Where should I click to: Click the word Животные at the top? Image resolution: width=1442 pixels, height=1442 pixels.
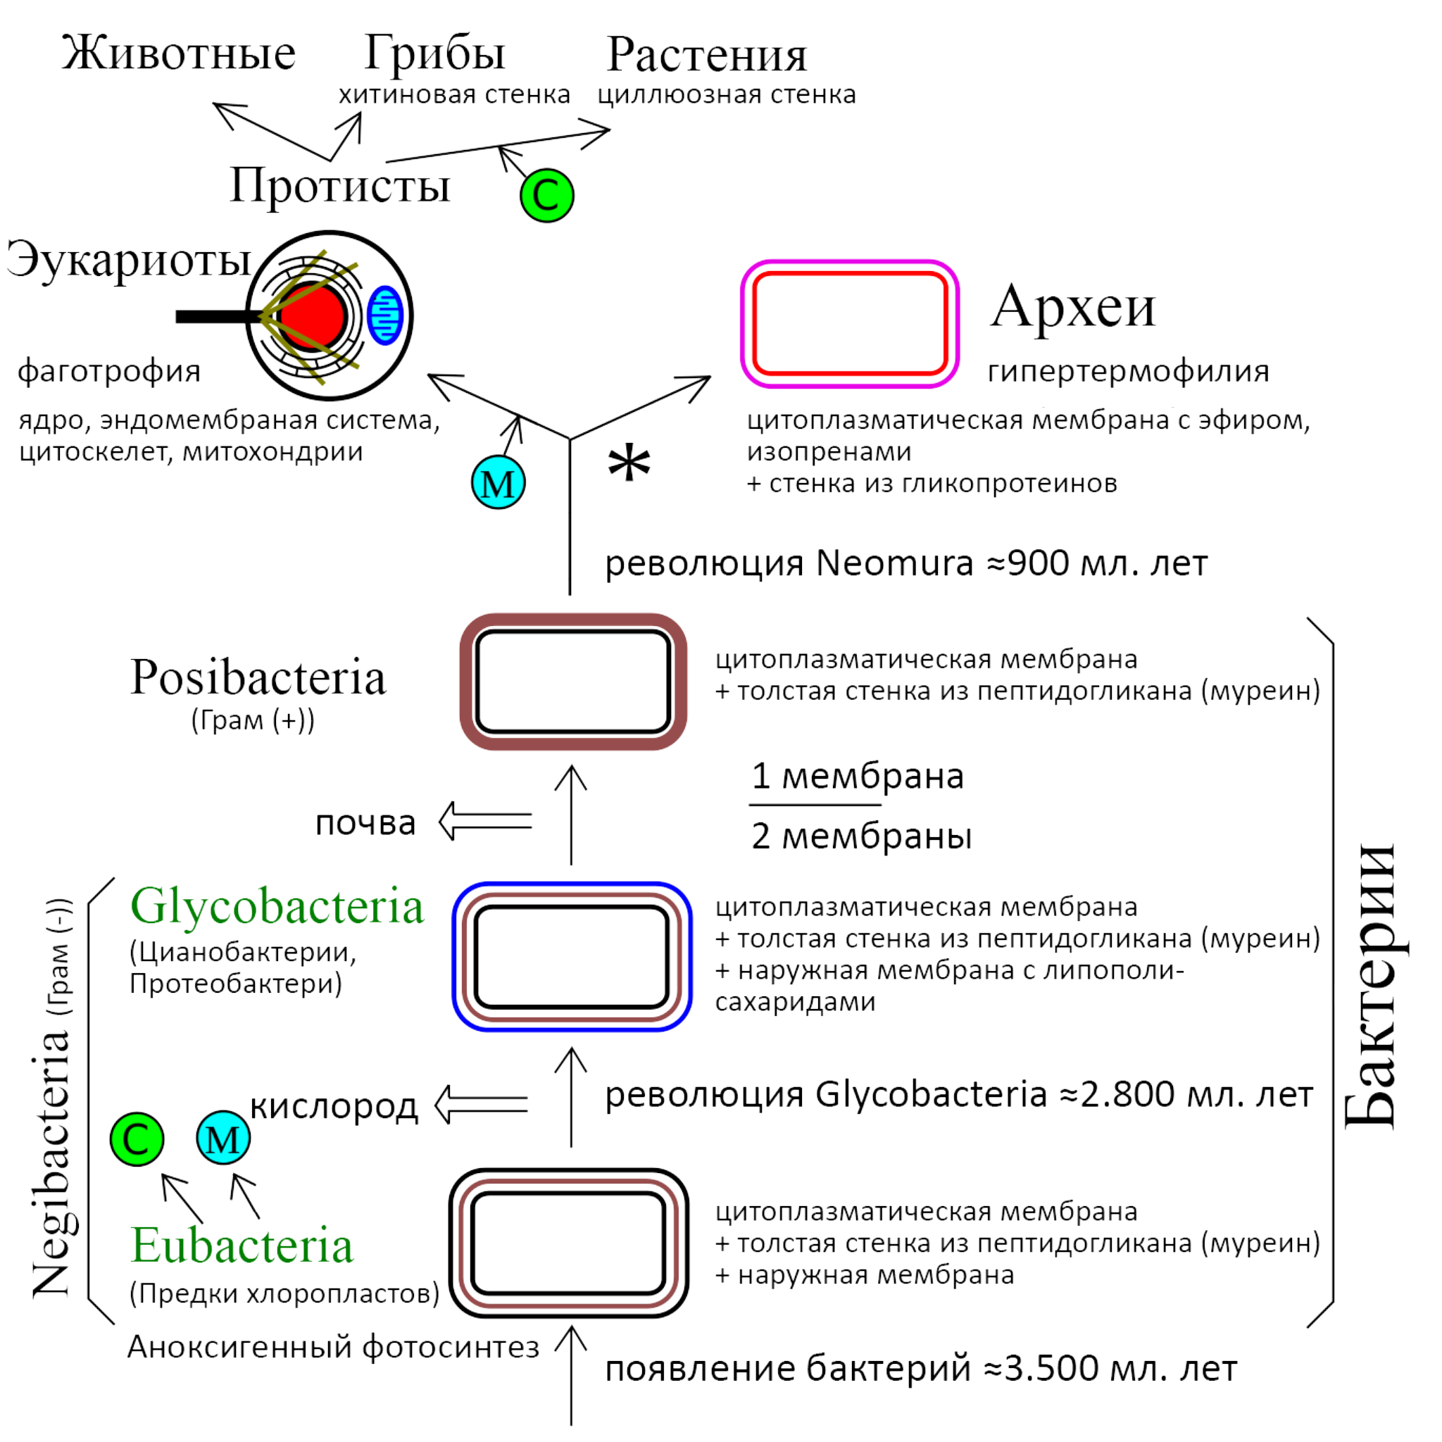(178, 54)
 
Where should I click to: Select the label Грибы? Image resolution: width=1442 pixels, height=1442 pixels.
(435, 54)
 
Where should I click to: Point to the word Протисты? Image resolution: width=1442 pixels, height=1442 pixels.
(339, 186)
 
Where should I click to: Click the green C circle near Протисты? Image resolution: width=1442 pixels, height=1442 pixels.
(547, 196)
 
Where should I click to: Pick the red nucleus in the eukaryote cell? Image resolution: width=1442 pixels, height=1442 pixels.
(312, 315)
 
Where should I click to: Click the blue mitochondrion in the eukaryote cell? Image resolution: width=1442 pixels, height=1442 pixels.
(386, 315)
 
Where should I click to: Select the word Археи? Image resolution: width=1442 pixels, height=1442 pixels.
(1072, 307)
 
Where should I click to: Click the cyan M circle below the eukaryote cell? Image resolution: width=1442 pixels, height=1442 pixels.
(498, 483)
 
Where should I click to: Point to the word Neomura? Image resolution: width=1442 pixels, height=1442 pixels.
(895, 563)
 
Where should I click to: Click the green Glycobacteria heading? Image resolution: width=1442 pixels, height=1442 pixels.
(277, 907)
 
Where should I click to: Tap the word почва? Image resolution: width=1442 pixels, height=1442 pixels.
(365, 822)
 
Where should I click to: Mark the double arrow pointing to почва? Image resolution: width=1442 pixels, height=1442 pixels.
(485, 821)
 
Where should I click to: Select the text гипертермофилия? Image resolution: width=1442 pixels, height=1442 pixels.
(1128, 371)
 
